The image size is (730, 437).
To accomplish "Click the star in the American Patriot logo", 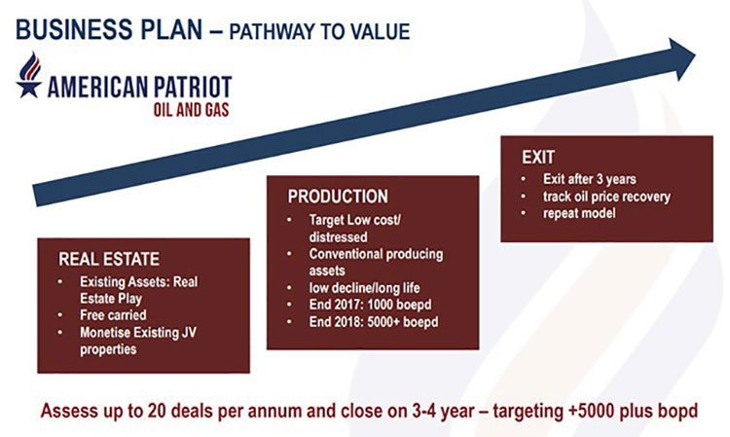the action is click(x=28, y=88).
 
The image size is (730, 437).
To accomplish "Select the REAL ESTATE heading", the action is click(x=109, y=259).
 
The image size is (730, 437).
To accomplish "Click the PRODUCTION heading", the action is click(x=338, y=197).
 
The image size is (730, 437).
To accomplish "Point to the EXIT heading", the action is click(x=538, y=158).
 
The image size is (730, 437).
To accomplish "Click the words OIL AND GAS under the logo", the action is click(x=192, y=110).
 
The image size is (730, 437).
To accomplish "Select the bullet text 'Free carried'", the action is click(x=113, y=315).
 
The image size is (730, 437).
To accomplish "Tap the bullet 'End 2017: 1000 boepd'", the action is click(x=370, y=305).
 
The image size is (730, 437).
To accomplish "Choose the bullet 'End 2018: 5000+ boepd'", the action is click(x=374, y=322).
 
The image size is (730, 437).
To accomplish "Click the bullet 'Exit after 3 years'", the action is click(x=590, y=179).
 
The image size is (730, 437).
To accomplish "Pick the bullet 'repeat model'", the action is click(x=579, y=213).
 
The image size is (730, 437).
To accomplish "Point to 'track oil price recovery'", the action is click(x=606, y=197).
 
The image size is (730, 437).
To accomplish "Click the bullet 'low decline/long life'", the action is click(x=365, y=288).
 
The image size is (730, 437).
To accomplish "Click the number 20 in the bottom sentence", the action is click(x=158, y=411).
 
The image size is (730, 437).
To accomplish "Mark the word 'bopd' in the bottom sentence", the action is click(x=677, y=412).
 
